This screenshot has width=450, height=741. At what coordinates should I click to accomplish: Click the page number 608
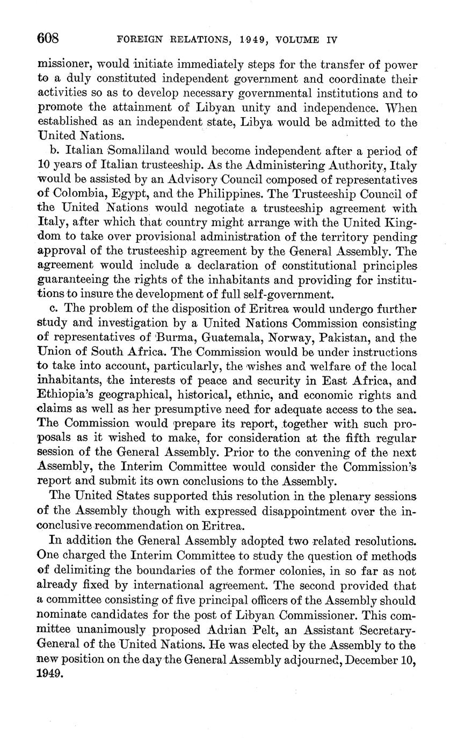[48, 39]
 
